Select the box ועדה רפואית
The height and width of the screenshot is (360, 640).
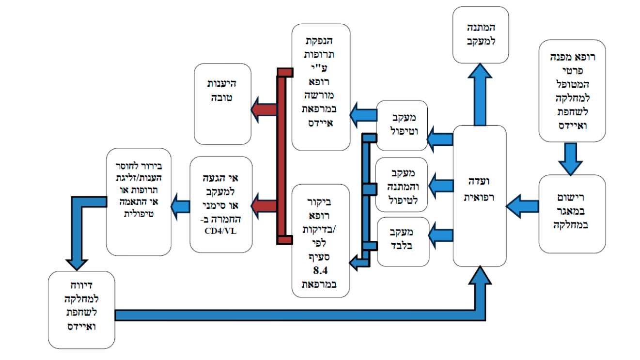point(479,196)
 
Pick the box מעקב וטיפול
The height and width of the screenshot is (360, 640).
point(402,125)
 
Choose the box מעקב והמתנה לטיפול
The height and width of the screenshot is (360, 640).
point(402,184)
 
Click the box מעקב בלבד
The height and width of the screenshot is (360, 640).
point(402,242)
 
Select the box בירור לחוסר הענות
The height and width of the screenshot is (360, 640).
point(139,202)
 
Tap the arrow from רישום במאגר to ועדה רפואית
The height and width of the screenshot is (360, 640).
point(522,206)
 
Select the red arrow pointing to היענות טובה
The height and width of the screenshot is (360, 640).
point(264,110)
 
